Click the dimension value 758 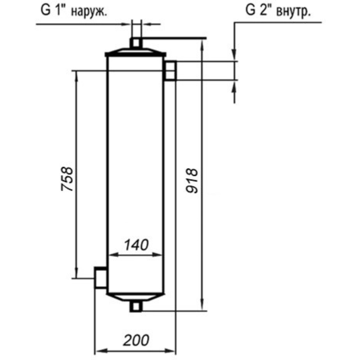click(x=67, y=179)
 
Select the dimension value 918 click(x=192, y=181)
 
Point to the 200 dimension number click(x=136, y=340)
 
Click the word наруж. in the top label click(x=89, y=11)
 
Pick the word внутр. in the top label click(x=293, y=11)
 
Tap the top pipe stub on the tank click(x=136, y=43)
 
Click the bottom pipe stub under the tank click(x=136, y=307)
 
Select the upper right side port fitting click(x=170, y=71)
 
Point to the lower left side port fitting click(x=101, y=278)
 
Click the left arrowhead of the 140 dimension click(x=113, y=255)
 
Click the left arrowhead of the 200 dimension click(x=101, y=351)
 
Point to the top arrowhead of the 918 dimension click(x=202, y=45)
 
